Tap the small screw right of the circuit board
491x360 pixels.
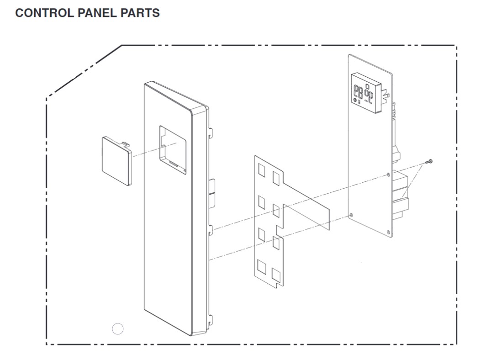pos(429,161)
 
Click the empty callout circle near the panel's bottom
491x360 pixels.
pos(118,328)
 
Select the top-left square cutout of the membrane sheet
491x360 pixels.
pos(262,170)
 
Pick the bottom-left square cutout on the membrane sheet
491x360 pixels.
pos(262,266)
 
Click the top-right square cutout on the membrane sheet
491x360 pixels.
pos(276,177)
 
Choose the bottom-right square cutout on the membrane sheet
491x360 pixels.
pos(276,275)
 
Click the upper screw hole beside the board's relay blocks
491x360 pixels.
pos(388,175)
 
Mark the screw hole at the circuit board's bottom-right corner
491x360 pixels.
pos(388,231)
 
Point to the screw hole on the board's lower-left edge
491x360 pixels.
pos(351,214)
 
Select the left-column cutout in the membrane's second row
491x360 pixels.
pos(262,202)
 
